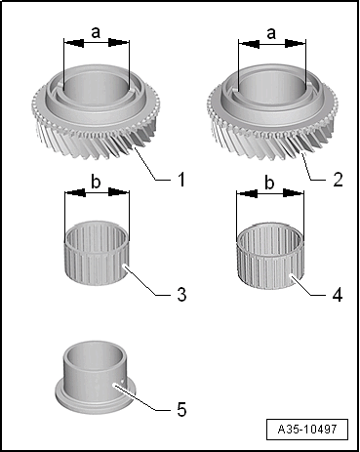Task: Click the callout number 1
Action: pos(181,180)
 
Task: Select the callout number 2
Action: pos(338,180)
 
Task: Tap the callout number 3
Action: pos(181,294)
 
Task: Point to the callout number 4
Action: pos(338,295)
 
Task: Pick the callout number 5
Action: pos(181,409)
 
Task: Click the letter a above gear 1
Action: pos(96,32)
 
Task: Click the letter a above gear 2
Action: pos(271,33)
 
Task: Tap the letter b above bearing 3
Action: pos(96,182)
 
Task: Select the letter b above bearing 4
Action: pos(269,183)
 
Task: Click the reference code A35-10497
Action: pos(307,429)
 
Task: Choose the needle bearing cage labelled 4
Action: pos(270,256)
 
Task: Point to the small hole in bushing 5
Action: pos(122,380)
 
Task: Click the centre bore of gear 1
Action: pos(97,86)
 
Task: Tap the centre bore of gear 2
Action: pos(272,86)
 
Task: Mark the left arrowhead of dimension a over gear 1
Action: pos(73,42)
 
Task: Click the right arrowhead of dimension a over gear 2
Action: pos(296,43)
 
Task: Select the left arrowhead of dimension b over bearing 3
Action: pos(75,192)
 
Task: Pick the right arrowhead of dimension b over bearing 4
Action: pos(294,193)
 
